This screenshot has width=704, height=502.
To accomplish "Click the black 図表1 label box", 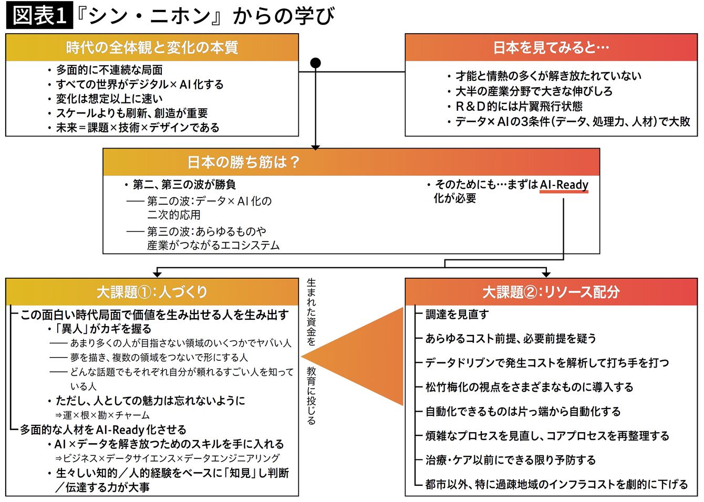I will tap(39, 16).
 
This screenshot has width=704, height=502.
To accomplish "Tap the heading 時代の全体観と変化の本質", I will tap(152, 48).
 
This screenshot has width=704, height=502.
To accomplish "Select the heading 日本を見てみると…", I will tap(551, 48).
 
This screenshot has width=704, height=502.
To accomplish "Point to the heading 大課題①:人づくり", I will tap(152, 292).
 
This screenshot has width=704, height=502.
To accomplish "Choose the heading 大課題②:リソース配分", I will tap(551, 292).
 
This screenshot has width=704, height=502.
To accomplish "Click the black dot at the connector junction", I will tap(315, 64).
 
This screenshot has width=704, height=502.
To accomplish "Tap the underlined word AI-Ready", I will tap(564, 185).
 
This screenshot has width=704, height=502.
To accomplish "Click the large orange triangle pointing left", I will tap(368, 357).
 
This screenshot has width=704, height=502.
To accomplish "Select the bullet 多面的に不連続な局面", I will tap(109, 70).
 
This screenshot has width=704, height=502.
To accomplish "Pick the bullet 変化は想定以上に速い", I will tap(109, 99).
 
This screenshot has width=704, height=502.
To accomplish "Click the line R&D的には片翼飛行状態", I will tap(519, 106).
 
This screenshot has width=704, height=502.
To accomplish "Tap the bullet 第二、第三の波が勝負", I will tap(184, 185).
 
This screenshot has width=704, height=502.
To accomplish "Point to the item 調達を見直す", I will tap(457, 315).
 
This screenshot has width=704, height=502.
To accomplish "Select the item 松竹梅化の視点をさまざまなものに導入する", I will tap(529, 388).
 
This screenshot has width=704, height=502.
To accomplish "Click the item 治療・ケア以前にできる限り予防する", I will tap(510, 461).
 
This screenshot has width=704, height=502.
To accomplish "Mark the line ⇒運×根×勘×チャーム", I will tap(102, 415).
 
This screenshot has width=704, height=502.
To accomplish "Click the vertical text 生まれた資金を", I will tap(312, 312).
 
